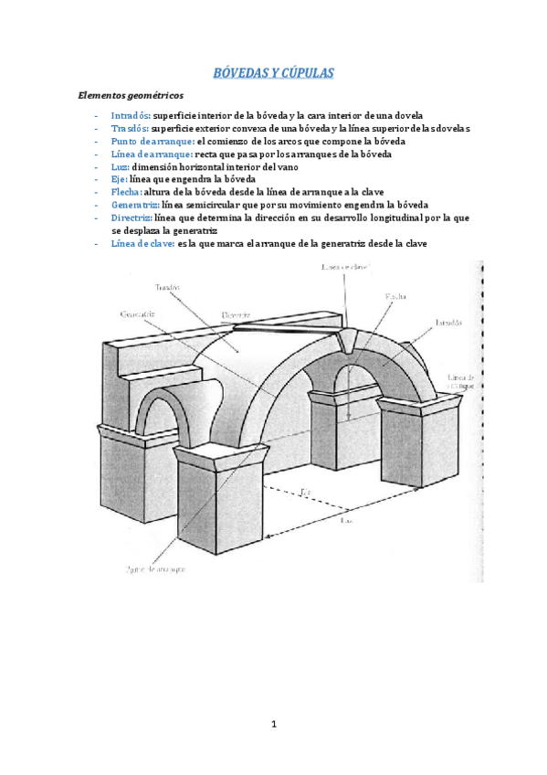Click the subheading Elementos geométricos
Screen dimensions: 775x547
(131, 94)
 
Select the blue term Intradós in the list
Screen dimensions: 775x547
(131, 117)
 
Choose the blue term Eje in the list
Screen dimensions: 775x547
(119, 181)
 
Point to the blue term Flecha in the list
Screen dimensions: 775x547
(126, 194)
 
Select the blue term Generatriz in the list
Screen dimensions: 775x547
(135, 206)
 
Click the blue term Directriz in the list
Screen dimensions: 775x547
(133, 218)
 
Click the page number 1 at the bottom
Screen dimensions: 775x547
(274, 725)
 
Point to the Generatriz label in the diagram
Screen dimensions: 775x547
(137, 315)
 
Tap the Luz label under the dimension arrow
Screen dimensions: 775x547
(346, 521)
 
